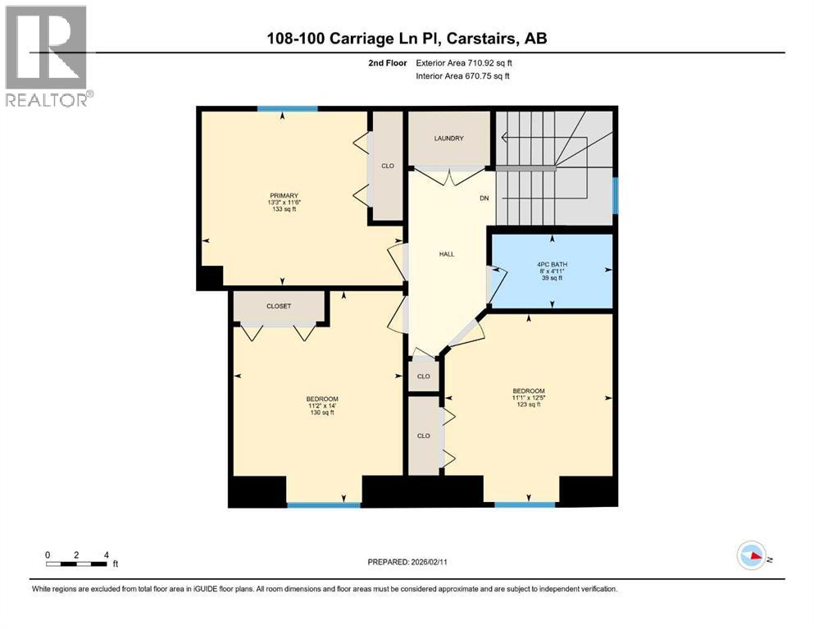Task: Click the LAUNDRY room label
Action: click(x=448, y=139)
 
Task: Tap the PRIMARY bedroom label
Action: click(x=285, y=195)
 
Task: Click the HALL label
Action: click(x=447, y=254)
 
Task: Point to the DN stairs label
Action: click(x=484, y=198)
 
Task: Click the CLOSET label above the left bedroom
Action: click(x=279, y=306)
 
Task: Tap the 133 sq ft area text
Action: click(x=285, y=210)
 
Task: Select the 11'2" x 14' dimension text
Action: click(x=321, y=406)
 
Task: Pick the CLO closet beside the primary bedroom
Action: click(x=388, y=166)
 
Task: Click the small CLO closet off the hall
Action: click(x=424, y=377)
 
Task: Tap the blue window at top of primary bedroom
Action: click(x=287, y=108)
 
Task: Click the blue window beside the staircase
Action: click(x=615, y=196)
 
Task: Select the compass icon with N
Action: click(x=752, y=556)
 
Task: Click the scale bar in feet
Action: click(x=77, y=563)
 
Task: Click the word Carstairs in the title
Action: click(x=491, y=38)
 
